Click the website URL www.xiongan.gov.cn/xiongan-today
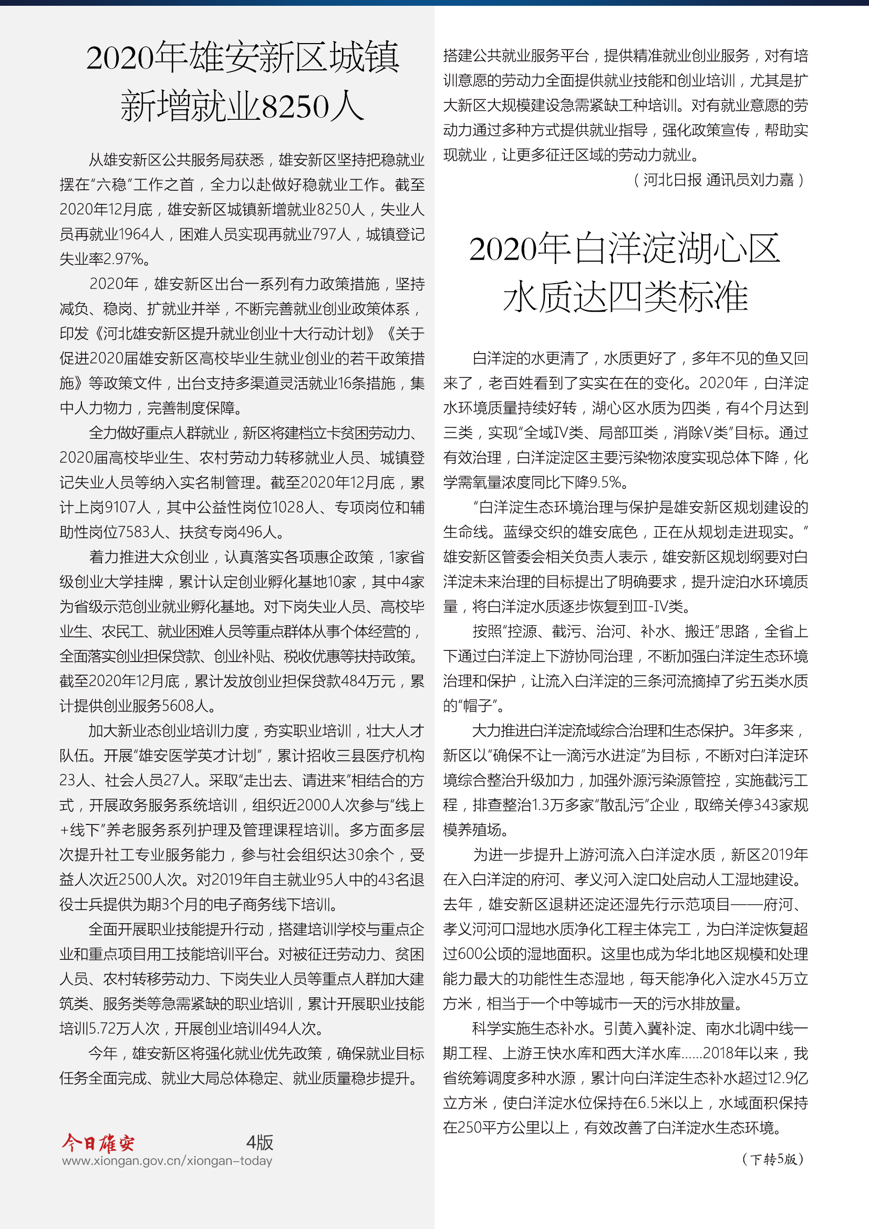(x=167, y=1161)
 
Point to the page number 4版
(x=260, y=1142)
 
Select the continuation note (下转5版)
(x=773, y=1160)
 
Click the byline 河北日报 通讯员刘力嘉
(x=718, y=180)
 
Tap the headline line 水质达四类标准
(x=625, y=297)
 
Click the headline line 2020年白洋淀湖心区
(x=625, y=249)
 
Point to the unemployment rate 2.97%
(x=123, y=259)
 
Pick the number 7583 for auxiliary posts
(x=136, y=532)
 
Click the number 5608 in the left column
(x=177, y=706)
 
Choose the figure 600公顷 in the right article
(x=479, y=954)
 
